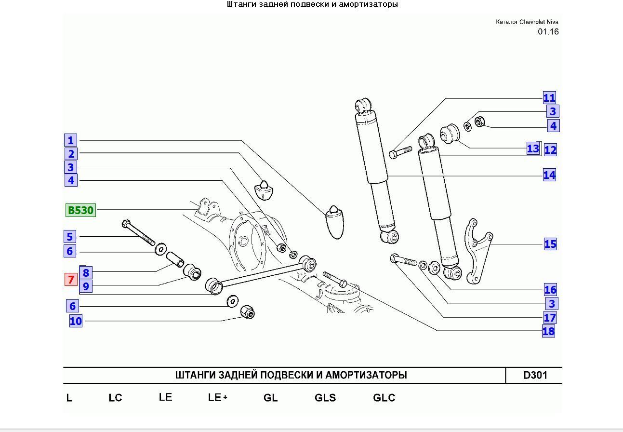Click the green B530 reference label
(x=80, y=210)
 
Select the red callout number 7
(x=71, y=279)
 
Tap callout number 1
(x=71, y=140)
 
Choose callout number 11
(x=549, y=98)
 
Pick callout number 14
(x=549, y=175)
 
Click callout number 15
(x=550, y=244)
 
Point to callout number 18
(x=548, y=331)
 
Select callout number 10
(x=76, y=321)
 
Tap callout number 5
(x=70, y=237)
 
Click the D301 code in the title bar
(x=535, y=375)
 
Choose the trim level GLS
(x=325, y=397)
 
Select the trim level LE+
(x=217, y=397)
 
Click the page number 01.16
(x=548, y=32)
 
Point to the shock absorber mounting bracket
(x=478, y=251)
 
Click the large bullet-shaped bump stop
(x=335, y=222)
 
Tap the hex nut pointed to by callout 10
(x=247, y=312)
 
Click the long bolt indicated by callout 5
(x=138, y=233)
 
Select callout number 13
(x=533, y=148)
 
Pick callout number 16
(x=550, y=290)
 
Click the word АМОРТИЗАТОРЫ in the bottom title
(x=366, y=375)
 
